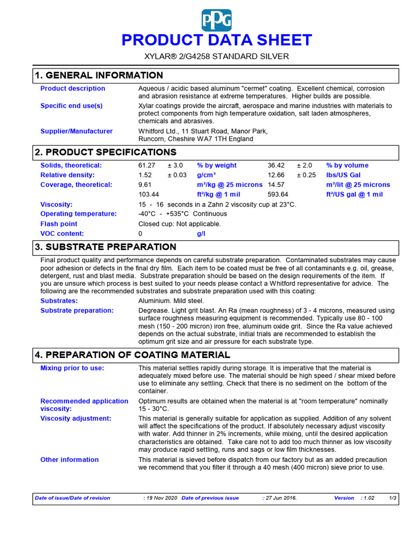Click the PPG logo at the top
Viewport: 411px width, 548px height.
coord(217,20)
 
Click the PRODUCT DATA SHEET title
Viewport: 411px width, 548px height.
coord(216,40)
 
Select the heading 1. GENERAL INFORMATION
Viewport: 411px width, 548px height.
coord(99,75)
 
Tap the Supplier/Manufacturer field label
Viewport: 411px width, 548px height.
coord(77,131)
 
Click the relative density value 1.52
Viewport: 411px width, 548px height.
coord(145,175)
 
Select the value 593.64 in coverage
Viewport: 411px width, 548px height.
coord(278,194)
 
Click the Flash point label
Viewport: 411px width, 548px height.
coord(59,224)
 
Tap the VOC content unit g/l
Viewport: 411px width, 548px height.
coord(201,233)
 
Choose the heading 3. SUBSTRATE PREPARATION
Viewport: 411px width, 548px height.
coord(105,247)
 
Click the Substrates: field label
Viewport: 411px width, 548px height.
coord(59,301)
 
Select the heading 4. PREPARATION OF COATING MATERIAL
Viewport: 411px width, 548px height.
coord(132,355)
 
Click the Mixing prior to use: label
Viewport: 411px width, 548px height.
coord(72,368)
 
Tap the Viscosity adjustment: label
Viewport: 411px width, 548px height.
coord(76,418)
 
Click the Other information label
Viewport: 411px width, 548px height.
coord(70,459)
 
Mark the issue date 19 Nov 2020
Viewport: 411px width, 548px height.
coord(162,498)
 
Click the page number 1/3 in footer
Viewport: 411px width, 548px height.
coord(392,498)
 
